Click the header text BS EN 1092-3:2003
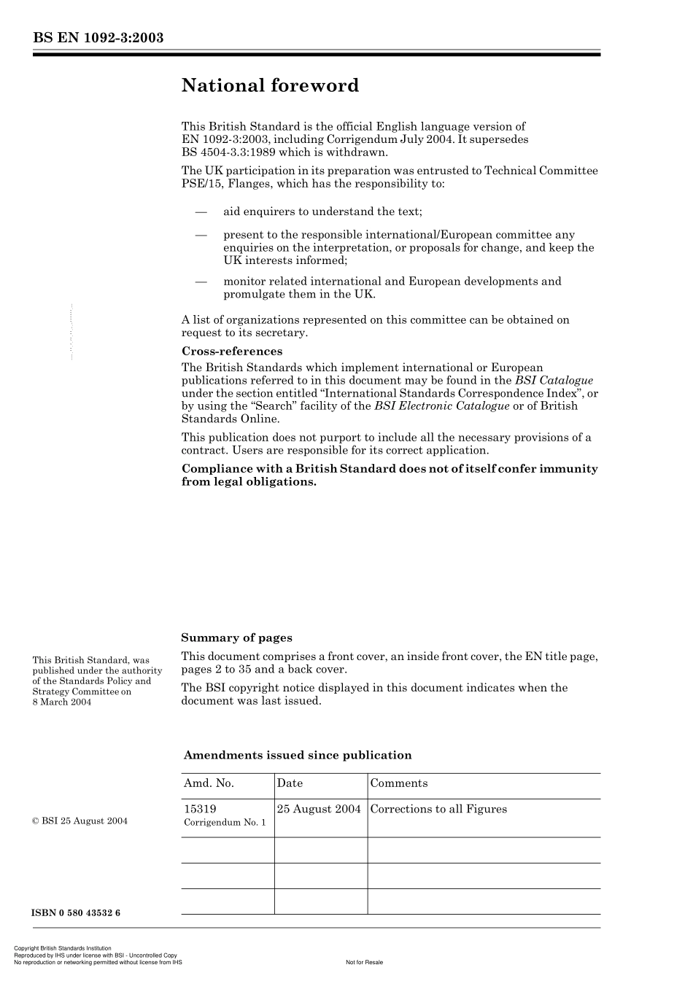97,38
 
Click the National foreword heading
270,85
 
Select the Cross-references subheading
231,351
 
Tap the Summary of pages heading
236,637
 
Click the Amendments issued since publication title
297,755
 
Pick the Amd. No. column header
209,783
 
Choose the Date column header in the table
290,783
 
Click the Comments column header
398,783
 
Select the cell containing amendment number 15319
200,809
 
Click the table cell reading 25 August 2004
319,809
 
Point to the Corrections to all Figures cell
438,809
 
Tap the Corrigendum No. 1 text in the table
225,823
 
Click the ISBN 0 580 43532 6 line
76,913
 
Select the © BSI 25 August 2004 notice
80,821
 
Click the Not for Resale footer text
364,962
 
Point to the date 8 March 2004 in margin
62,702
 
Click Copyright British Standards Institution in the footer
63,949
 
